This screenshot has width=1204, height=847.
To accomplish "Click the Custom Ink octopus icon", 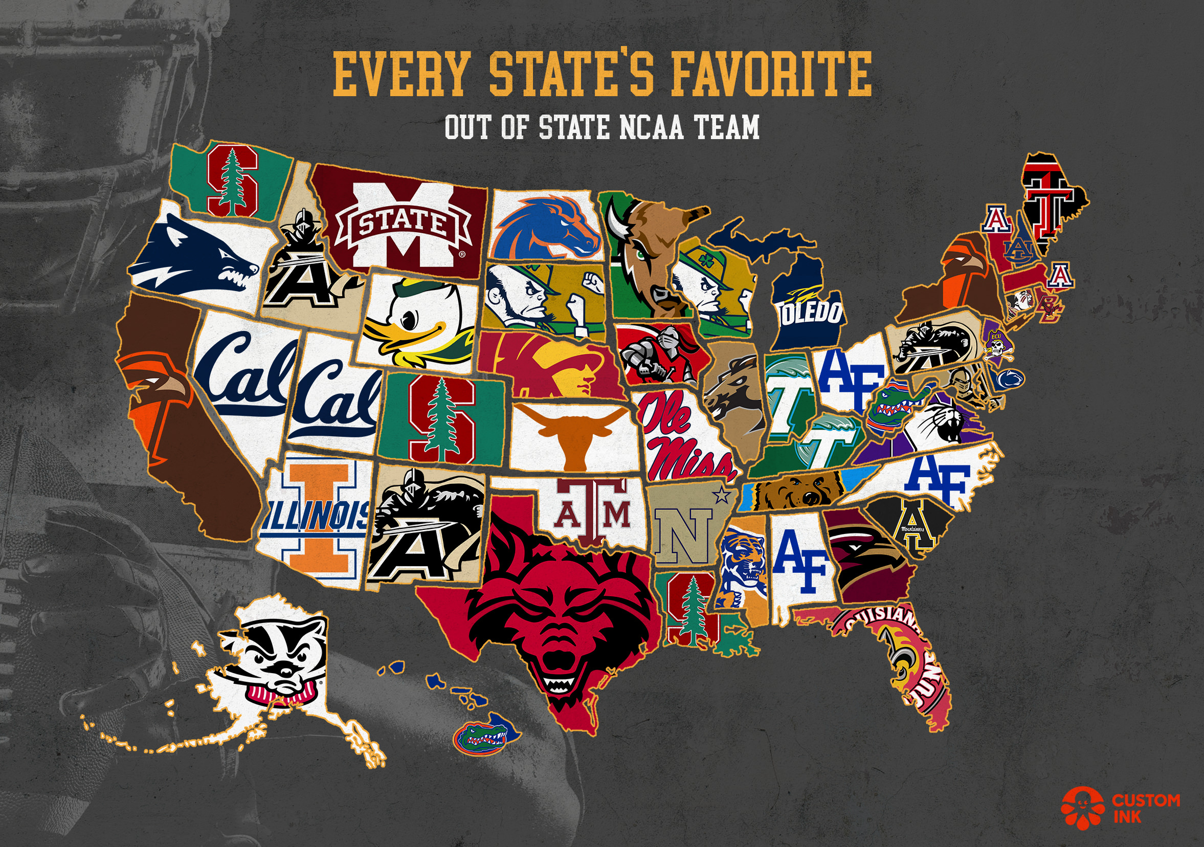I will pos(1081,807).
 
